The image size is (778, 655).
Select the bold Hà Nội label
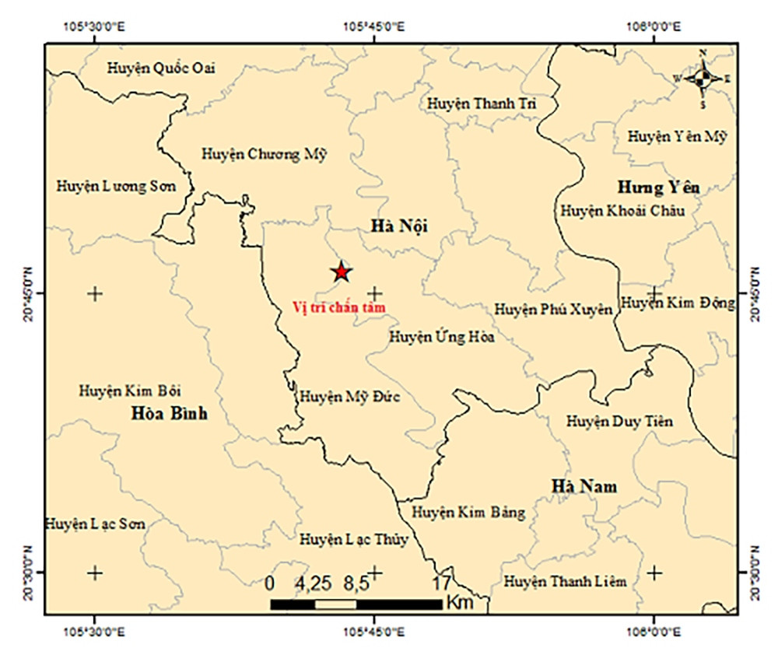400,226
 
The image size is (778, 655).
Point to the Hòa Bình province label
170,414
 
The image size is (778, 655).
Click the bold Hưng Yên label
658,187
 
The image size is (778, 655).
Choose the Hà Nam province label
584,487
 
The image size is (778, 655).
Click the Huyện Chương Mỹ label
264,154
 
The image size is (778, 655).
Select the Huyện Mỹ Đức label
349,397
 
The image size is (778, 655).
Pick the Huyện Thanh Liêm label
565,581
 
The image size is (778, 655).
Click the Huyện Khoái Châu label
622,211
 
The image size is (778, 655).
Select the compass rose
703,78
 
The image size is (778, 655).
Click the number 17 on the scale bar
441,583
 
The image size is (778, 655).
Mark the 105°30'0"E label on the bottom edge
95,633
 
